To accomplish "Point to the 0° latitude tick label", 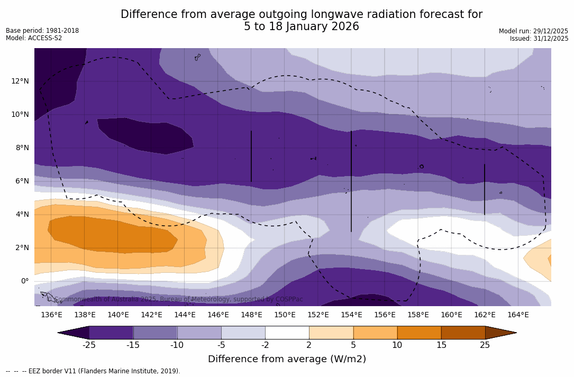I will (24, 281).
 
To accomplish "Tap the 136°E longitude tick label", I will (51, 315).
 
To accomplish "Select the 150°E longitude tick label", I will (285, 315).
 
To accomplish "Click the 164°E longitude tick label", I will (518, 315).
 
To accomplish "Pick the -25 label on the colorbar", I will (89, 345).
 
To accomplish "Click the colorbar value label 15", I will (441, 345).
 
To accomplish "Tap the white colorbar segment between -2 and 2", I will (287, 333).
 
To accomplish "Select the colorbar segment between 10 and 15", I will (419, 333).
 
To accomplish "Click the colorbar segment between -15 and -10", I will (155, 333).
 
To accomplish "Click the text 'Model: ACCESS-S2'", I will (34, 38).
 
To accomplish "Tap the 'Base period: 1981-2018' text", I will (42, 31).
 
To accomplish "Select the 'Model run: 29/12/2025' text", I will (533, 31).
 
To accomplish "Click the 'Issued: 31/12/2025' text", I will (539, 39).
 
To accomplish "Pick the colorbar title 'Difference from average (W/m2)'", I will (287, 359).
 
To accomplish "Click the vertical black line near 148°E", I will (251, 156).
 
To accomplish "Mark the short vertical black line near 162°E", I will (484, 189).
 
